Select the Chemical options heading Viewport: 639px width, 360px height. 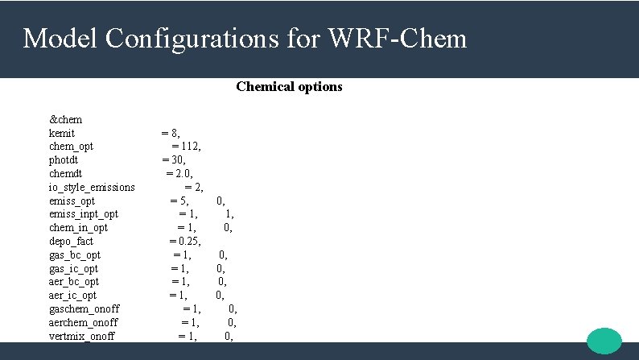coord(289,86)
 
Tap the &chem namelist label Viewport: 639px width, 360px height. coord(66,119)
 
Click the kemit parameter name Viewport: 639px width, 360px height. coord(62,133)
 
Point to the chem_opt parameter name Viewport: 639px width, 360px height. coord(71,146)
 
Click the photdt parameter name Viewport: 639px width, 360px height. coord(64,159)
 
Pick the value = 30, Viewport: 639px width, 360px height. coord(174,159)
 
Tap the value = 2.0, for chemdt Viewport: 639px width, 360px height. coord(179,173)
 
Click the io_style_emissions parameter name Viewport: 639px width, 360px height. coord(92,187)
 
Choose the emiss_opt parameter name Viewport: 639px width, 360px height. coord(72,201)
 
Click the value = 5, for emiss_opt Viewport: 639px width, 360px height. coord(179,201)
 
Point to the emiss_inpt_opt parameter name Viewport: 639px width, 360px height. coord(84,213)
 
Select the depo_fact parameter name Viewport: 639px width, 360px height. coord(71,241)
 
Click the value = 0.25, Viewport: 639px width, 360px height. coord(185,241)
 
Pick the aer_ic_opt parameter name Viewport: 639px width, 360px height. coord(72,296)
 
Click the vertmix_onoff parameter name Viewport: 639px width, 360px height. coord(81,336)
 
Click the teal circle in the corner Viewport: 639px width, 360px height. coord(604,340)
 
